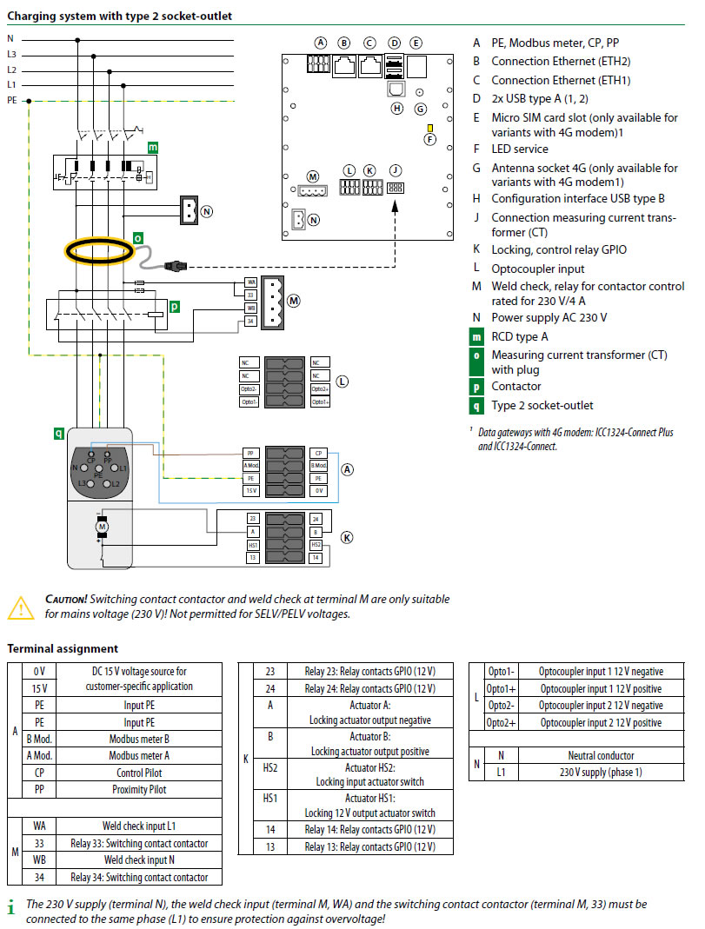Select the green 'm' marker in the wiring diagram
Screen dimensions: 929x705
(x=153, y=148)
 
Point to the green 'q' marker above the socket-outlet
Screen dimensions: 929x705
(x=58, y=432)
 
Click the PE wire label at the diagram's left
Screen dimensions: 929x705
(x=11, y=101)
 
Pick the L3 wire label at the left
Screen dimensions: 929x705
(x=11, y=54)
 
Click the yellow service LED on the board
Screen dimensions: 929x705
(x=429, y=128)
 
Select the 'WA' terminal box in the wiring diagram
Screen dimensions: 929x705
(x=250, y=282)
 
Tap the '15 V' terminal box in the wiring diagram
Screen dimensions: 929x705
(x=250, y=491)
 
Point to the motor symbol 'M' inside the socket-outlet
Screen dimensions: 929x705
(x=101, y=525)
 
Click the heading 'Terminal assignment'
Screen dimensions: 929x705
(x=63, y=648)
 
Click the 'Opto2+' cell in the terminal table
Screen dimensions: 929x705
(x=502, y=723)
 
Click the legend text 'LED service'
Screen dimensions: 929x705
(x=520, y=149)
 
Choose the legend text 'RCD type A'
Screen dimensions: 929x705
(x=520, y=336)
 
